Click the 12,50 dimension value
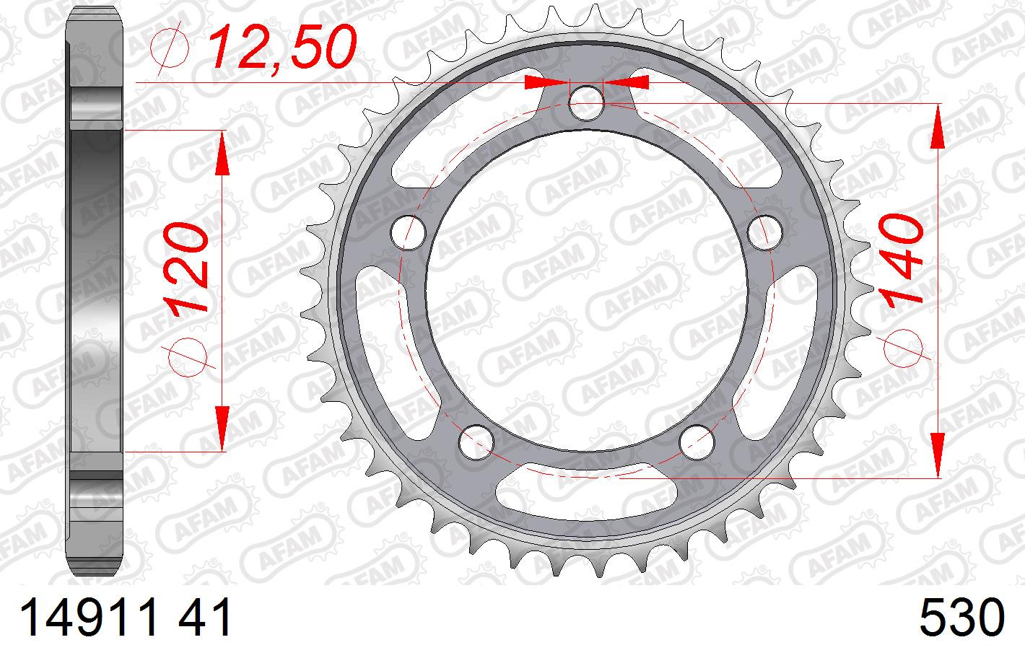pos(283,46)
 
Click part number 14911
pos(90,618)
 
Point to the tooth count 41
pos(204,618)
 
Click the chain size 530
pos(961,618)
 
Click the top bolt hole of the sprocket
pos(586,103)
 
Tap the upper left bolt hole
pos(409,233)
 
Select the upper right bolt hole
pos(764,233)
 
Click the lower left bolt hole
pos(476,442)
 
